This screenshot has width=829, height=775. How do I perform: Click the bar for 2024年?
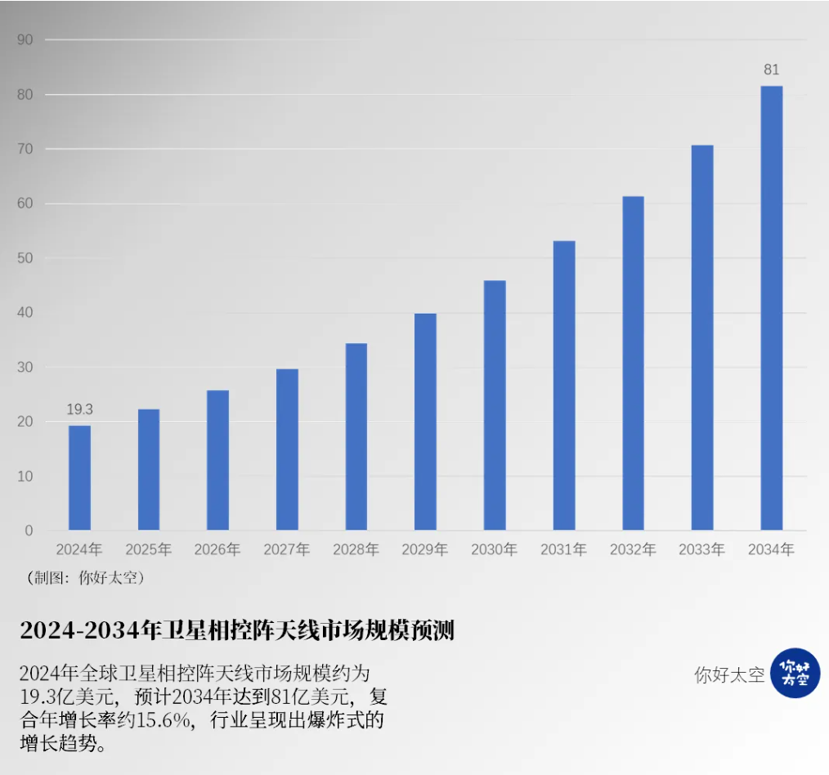tap(79, 477)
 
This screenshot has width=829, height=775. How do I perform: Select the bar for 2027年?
tap(287, 449)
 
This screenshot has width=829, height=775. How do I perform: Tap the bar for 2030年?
tap(495, 405)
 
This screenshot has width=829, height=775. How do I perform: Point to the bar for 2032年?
tap(633, 363)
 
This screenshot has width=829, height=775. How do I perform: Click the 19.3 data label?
tap(79, 410)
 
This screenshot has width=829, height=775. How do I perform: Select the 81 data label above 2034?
tap(771, 70)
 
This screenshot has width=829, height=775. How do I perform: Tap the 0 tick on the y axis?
tap(29, 531)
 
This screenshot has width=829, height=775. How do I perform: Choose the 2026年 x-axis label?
tap(217, 549)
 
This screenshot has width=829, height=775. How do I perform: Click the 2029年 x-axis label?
tap(425, 549)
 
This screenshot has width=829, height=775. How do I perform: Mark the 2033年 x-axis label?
tap(701, 549)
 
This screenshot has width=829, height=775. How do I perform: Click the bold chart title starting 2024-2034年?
tap(237, 631)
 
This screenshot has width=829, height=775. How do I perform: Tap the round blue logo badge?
tap(795, 673)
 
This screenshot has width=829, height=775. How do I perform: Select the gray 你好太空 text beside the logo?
tap(729, 675)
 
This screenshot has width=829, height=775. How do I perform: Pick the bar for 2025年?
tap(149, 469)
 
